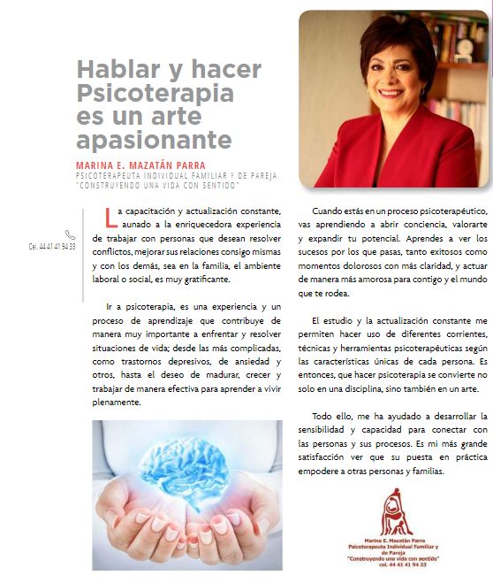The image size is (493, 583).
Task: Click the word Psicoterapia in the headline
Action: [155, 93]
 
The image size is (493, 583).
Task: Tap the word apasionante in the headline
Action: [154, 141]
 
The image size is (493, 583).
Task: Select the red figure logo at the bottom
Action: [397, 515]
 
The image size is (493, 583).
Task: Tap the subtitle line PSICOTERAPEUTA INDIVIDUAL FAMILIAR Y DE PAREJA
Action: [175, 175]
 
